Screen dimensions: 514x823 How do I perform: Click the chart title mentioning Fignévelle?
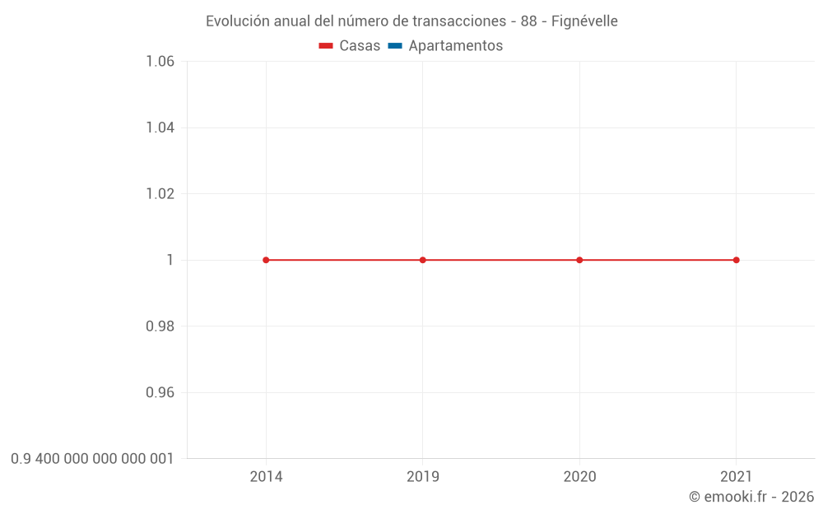411,21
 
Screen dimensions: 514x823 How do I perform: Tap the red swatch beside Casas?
326,46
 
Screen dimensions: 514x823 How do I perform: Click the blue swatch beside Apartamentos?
395,46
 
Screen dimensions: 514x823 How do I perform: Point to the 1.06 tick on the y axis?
160,62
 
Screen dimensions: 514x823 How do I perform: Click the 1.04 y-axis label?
160,127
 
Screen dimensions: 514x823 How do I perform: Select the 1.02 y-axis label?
160,194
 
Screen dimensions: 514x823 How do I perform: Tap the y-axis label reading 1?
170,260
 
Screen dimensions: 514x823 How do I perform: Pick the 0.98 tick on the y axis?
160,326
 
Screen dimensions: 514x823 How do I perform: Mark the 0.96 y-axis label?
160,392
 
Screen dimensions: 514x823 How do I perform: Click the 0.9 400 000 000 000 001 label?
92,459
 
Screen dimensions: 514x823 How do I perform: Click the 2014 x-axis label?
266,477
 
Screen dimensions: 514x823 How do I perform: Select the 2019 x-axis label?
423,477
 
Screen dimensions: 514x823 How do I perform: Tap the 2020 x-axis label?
579,477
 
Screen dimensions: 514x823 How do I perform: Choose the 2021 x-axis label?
736,477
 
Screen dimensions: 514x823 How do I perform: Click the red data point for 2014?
266,260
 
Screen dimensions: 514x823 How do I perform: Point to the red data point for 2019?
423,260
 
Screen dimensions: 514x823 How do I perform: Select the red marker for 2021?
736,260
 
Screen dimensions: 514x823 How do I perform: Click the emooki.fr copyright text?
751,497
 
